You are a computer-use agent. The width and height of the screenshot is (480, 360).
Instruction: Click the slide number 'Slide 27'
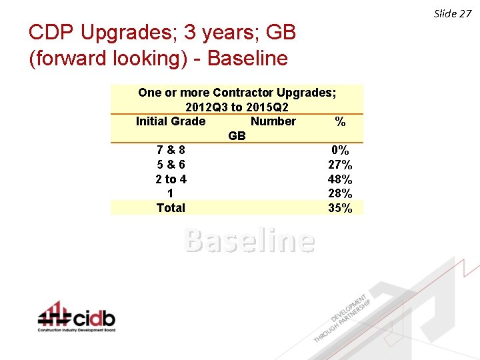tap(453, 13)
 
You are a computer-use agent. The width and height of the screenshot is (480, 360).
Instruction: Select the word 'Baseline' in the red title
tap(247, 59)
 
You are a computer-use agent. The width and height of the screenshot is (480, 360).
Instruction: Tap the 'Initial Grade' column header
tap(171, 121)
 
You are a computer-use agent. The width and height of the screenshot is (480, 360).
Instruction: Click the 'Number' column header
tap(273, 121)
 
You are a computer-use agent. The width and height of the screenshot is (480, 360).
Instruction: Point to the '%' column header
tap(340, 122)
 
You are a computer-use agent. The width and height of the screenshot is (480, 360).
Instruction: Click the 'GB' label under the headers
tap(237, 136)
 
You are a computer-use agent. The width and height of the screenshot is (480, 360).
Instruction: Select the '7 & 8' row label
tap(171, 151)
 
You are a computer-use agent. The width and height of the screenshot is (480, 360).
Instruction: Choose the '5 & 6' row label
tap(171, 165)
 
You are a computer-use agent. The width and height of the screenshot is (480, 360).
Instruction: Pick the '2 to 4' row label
tap(171, 179)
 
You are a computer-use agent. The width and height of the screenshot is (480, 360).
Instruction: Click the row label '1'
tap(171, 193)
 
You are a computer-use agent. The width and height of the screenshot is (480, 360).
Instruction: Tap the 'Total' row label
tap(171, 208)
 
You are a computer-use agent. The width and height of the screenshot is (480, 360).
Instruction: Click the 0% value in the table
tap(340, 151)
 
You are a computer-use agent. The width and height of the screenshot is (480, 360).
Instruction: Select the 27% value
tap(340, 165)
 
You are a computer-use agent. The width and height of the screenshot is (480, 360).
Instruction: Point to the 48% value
tap(340, 179)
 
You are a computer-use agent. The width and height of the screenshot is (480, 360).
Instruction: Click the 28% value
tap(340, 193)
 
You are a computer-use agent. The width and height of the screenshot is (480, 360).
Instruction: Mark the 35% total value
tap(340, 208)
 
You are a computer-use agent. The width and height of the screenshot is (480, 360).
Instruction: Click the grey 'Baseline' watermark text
tap(249, 241)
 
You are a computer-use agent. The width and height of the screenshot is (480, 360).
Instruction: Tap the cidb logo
tap(77, 317)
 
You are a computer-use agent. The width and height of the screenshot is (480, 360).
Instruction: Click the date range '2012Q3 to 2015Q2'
tap(237, 107)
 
